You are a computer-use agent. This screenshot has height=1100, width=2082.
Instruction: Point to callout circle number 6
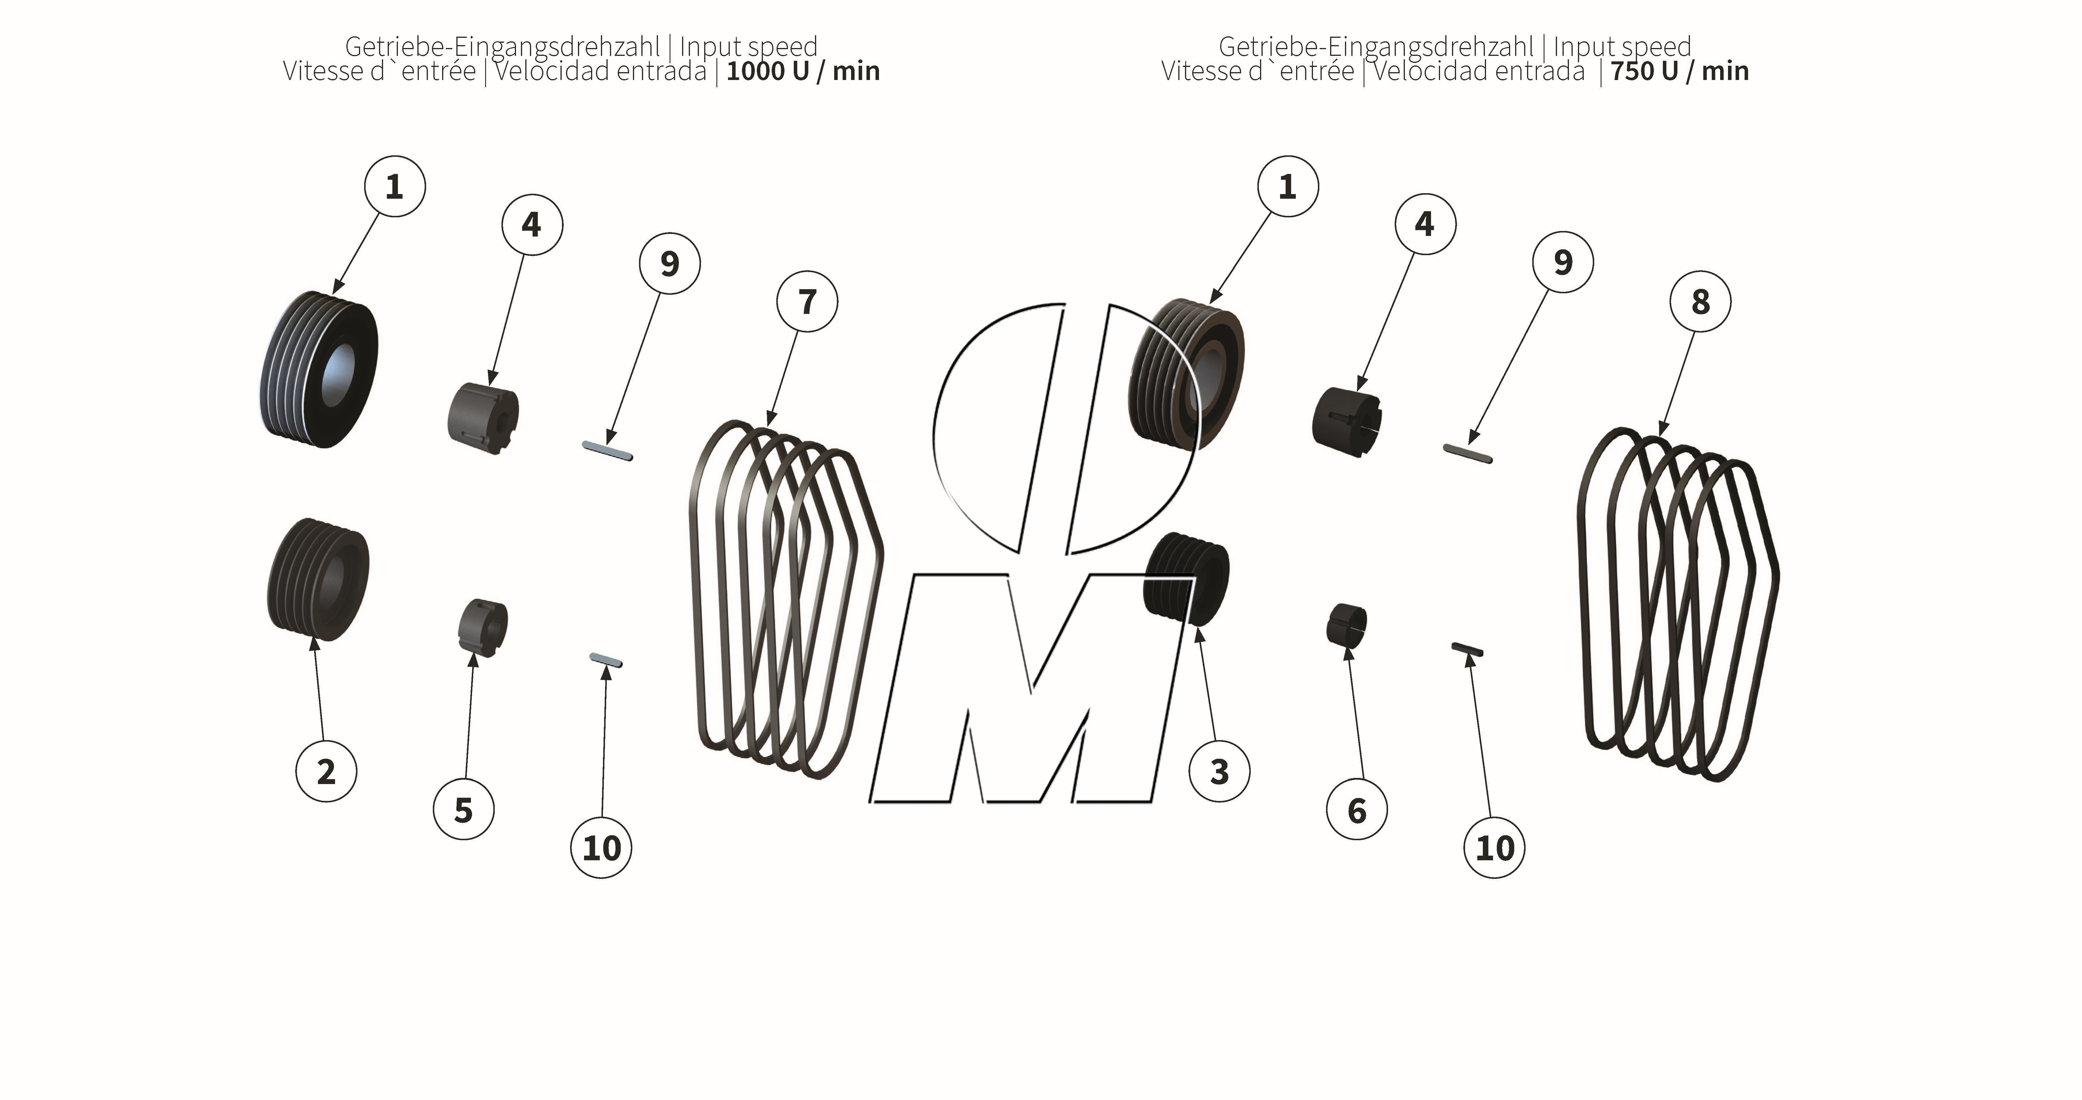click(x=1357, y=810)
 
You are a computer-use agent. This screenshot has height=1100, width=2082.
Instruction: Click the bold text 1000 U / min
click(x=802, y=71)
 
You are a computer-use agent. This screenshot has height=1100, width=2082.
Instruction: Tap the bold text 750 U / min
click(x=1679, y=71)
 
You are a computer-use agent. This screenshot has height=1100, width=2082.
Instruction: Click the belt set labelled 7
click(x=784, y=598)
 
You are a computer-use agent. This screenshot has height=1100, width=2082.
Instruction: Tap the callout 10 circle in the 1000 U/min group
click(x=601, y=848)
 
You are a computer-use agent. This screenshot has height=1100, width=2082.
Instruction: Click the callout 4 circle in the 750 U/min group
click(x=1425, y=224)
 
